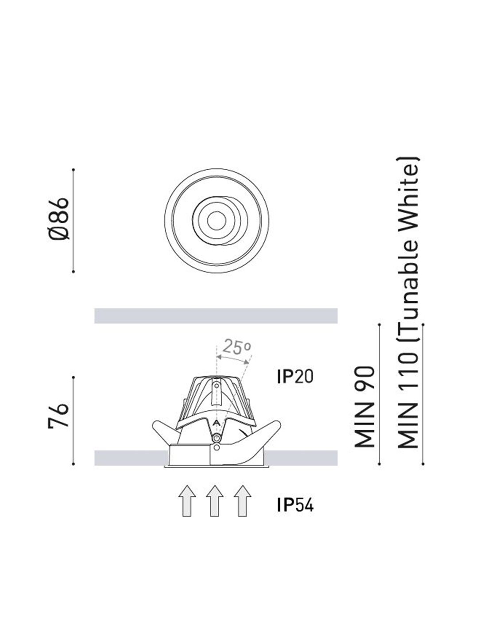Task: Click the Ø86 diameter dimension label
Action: (59, 219)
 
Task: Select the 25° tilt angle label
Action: (237, 347)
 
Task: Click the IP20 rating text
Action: (295, 377)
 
